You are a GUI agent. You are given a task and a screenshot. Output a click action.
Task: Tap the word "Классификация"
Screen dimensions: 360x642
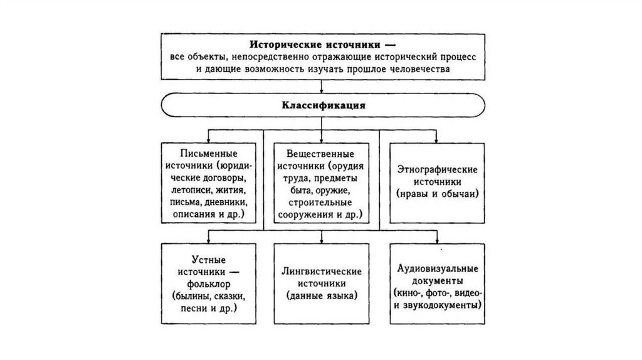coord(321,105)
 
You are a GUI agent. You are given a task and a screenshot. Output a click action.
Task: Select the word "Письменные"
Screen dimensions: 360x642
coord(208,154)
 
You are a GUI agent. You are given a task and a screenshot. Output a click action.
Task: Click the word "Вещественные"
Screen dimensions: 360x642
coord(320,154)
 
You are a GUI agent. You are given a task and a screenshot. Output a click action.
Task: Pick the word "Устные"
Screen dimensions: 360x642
coord(208,260)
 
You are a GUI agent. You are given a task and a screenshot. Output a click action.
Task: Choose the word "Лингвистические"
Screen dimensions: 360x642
coord(321,272)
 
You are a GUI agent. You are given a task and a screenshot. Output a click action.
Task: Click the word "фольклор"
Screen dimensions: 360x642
coord(208,283)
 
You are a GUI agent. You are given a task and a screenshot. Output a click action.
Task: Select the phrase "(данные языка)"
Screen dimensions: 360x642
coord(321,295)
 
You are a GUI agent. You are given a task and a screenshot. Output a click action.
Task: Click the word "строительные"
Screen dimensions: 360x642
coord(320,202)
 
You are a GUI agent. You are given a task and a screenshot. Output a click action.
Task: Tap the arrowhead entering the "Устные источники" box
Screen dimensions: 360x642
coord(208,241)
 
